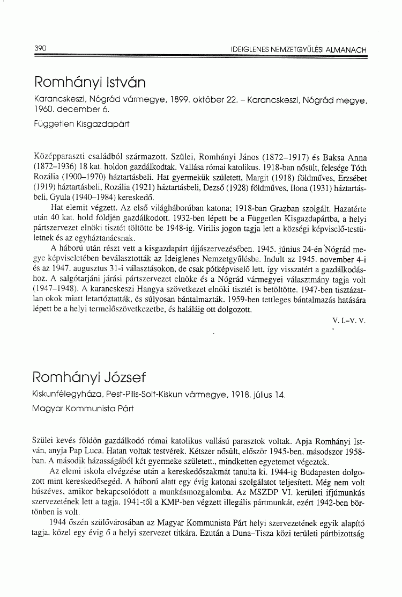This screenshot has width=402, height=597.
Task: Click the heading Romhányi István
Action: point(90,83)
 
